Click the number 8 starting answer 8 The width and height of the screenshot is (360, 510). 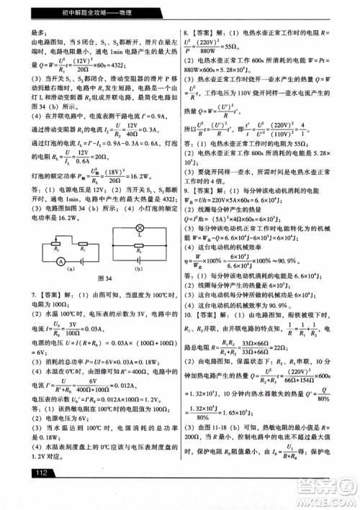186,33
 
